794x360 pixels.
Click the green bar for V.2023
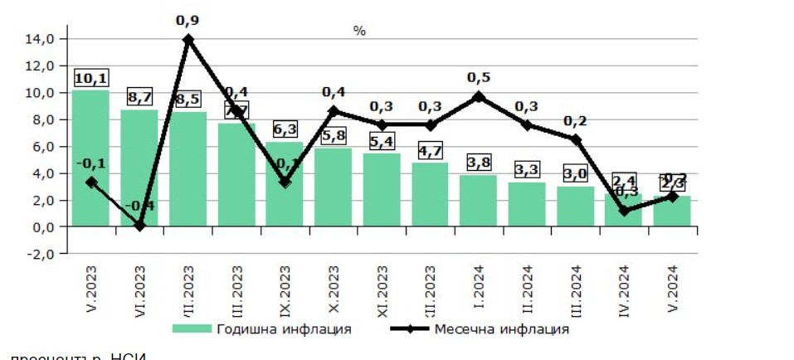click(x=90, y=158)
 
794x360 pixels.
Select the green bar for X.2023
click(x=333, y=187)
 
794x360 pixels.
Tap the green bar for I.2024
click(x=478, y=200)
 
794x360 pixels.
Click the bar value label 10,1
click(x=90, y=78)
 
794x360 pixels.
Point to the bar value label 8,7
click(x=139, y=97)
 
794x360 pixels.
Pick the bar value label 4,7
click(x=430, y=150)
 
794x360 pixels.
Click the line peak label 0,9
click(x=188, y=19)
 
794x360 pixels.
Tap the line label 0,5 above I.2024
click(x=479, y=77)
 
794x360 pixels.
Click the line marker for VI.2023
click(x=139, y=225)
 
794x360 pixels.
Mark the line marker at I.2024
click(x=479, y=97)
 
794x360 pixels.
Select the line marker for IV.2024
click(x=624, y=211)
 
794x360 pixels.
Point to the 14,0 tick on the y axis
click(x=41, y=38)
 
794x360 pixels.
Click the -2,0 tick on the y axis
click(x=41, y=254)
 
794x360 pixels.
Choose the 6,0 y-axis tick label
click(x=41, y=146)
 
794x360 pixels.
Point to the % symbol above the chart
click(x=359, y=31)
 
